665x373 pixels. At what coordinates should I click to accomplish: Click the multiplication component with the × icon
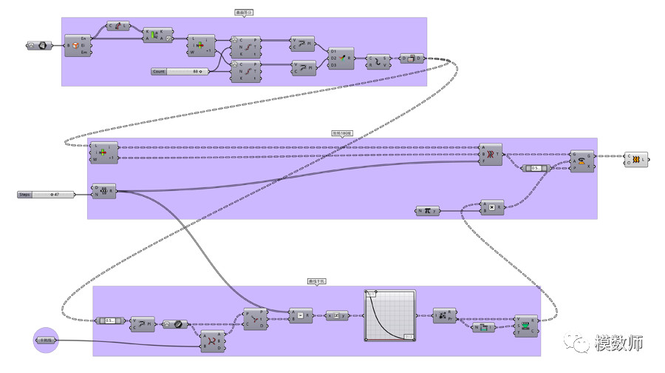pyautogui.click(x=491, y=206)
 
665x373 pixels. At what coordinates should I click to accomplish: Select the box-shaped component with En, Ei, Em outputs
pyautogui.click(x=75, y=45)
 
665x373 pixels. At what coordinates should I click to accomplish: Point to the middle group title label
pyautogui.click(x=342, y=134)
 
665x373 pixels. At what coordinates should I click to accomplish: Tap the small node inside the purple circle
pyautogui.click(x=46, y=340)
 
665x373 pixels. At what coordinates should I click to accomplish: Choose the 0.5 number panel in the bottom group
pyautogui.click(x=111, y=320)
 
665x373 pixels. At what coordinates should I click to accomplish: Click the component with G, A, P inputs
pyautogui.click(x=582, y=161)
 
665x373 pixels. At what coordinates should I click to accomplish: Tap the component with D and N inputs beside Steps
pyautogui.click(x=103, y=191)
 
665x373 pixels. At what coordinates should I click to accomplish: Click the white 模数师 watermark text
pyautogui.click(x=619, y=343)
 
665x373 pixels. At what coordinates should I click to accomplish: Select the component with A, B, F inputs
pyautogui.click(x=491, y=153)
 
